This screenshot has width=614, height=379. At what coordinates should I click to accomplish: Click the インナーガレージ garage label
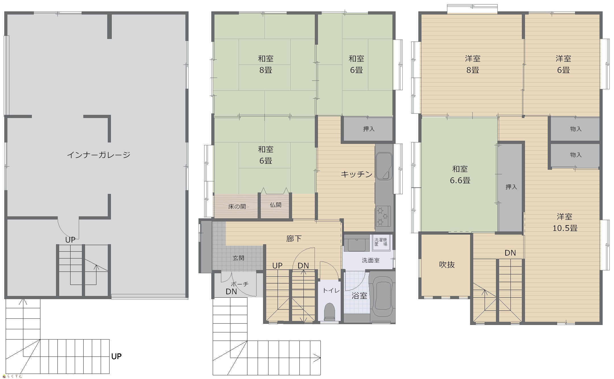click(98, 155)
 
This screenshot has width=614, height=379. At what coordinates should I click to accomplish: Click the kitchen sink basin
click(384, 166)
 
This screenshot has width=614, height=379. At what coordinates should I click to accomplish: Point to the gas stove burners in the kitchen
click(383, 216)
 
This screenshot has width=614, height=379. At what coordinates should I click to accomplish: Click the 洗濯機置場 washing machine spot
click(381, 243)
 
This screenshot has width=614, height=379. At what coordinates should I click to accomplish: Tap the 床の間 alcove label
click(237, 206)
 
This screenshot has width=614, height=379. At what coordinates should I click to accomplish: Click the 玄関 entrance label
click(238, 258)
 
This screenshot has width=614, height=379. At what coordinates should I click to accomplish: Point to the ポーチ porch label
click(239, 284)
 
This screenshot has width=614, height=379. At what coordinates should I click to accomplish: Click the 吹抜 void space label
click(447, 265)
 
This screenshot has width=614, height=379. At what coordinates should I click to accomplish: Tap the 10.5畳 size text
click(565, 228)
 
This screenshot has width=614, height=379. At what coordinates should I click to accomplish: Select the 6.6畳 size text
click(460, 180)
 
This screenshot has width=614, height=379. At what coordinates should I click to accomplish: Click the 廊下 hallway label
click(294, 239)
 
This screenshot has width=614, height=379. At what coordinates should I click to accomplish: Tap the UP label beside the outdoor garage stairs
click(116, 356)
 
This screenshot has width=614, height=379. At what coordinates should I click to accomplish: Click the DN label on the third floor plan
click(510, 253)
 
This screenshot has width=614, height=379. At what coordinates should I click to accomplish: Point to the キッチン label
click(357, 174)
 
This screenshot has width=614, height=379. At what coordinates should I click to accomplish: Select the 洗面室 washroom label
click(371, 260)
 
